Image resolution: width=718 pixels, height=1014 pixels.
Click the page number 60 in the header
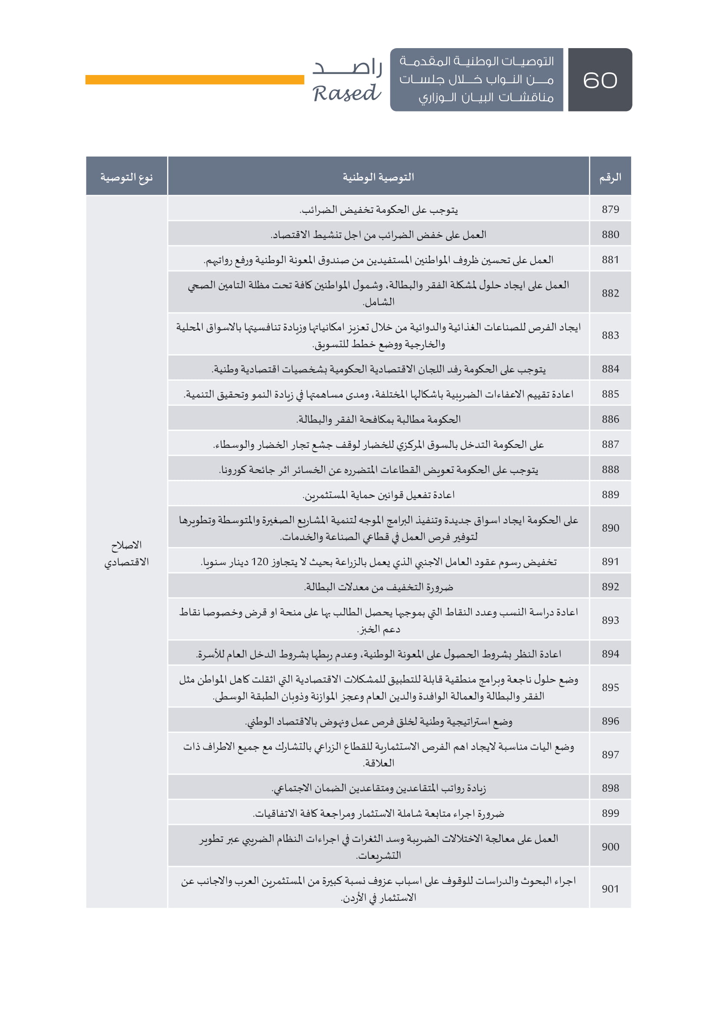point(599,80)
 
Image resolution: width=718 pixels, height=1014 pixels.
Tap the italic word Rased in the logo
point(346,93)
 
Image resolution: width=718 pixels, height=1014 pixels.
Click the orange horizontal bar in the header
point(194,79)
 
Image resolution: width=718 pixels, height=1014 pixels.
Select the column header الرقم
point(609,178)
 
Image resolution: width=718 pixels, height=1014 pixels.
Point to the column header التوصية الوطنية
point(378,178)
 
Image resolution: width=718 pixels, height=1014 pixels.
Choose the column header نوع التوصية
point(126,178)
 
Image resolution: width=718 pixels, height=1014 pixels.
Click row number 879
point(610,209)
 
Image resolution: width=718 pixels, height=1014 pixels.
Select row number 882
point(610,293)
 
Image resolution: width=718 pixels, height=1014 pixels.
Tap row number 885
point(610,394)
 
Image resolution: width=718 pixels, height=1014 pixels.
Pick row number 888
point(610,470)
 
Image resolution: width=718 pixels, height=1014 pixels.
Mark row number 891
point(610,562)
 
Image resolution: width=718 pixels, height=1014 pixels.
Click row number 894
point(610,654)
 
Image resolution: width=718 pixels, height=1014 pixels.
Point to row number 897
point(610,755)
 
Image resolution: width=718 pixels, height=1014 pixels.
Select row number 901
point(610,889)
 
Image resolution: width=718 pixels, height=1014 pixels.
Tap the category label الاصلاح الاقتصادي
point(126,553)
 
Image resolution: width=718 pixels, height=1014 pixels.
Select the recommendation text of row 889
point(378,495)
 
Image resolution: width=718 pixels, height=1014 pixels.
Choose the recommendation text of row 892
point(378,587)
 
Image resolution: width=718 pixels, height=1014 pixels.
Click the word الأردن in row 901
point(355,898)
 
